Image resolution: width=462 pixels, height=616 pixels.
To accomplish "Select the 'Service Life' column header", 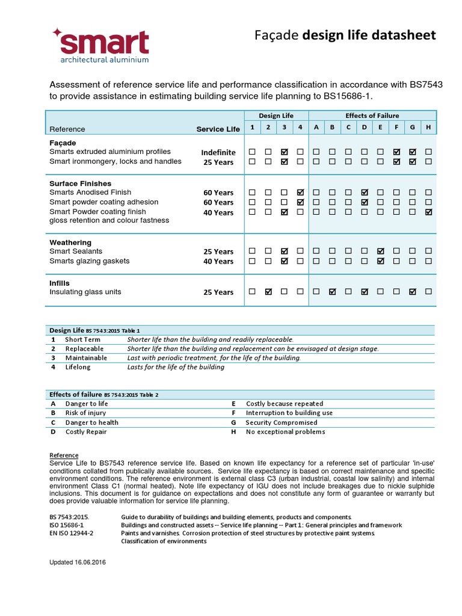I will [218, 129].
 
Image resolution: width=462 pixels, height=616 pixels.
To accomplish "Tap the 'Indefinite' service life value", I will [218, 153].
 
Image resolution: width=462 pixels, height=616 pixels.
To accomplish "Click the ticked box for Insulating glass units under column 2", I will [268, 292].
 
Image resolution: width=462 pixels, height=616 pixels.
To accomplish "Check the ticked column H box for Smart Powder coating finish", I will [428, 212].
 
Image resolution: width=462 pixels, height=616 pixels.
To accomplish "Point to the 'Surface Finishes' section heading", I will [80, 183].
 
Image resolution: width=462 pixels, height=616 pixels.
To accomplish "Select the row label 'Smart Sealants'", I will [76, 251].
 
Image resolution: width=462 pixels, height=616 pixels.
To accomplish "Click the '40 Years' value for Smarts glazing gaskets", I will [218, 262].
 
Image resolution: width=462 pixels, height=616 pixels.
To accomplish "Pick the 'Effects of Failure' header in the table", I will [372, 115].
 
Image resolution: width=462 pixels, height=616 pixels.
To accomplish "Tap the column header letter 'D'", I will [364, 128].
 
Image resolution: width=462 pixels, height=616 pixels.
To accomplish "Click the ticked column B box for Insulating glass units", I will [332, 292].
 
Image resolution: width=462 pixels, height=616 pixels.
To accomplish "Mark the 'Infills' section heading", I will [60, 283].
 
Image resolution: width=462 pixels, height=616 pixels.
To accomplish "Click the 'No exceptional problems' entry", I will [285, 431].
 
